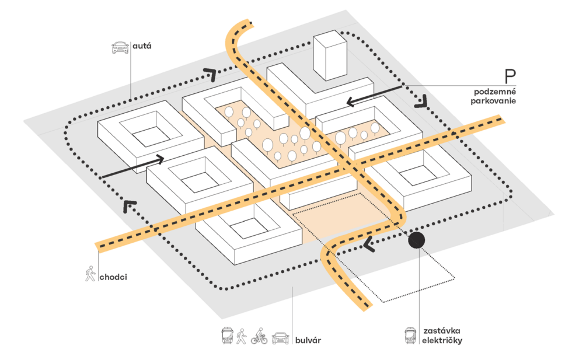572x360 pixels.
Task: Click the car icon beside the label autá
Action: tap(120, 47)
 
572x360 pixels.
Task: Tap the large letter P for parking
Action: tap(511, 76)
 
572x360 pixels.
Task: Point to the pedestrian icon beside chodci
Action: tap(90, 273)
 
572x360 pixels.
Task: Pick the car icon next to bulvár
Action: tap(281, 337)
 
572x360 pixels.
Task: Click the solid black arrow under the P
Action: tap(374, 95)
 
